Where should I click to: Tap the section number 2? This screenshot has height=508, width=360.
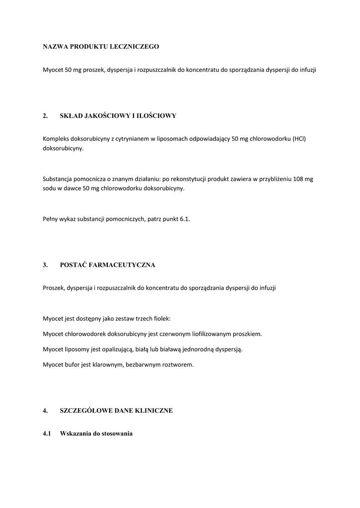(x=45, y=116)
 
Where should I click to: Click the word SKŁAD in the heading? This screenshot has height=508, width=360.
(x=72, y=116)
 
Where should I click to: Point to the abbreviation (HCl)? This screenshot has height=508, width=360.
(x=299, y=138)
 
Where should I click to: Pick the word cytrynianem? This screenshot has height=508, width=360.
(x=131, y=138)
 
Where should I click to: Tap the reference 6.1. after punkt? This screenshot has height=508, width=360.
(x=184, y=218)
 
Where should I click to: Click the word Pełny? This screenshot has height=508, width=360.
(x=51, y=218)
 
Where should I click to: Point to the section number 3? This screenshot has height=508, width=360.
(x=45, y=265)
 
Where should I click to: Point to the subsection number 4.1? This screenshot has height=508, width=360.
(x=47, y=434)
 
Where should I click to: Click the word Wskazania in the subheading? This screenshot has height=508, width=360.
(x=75, y=434)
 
